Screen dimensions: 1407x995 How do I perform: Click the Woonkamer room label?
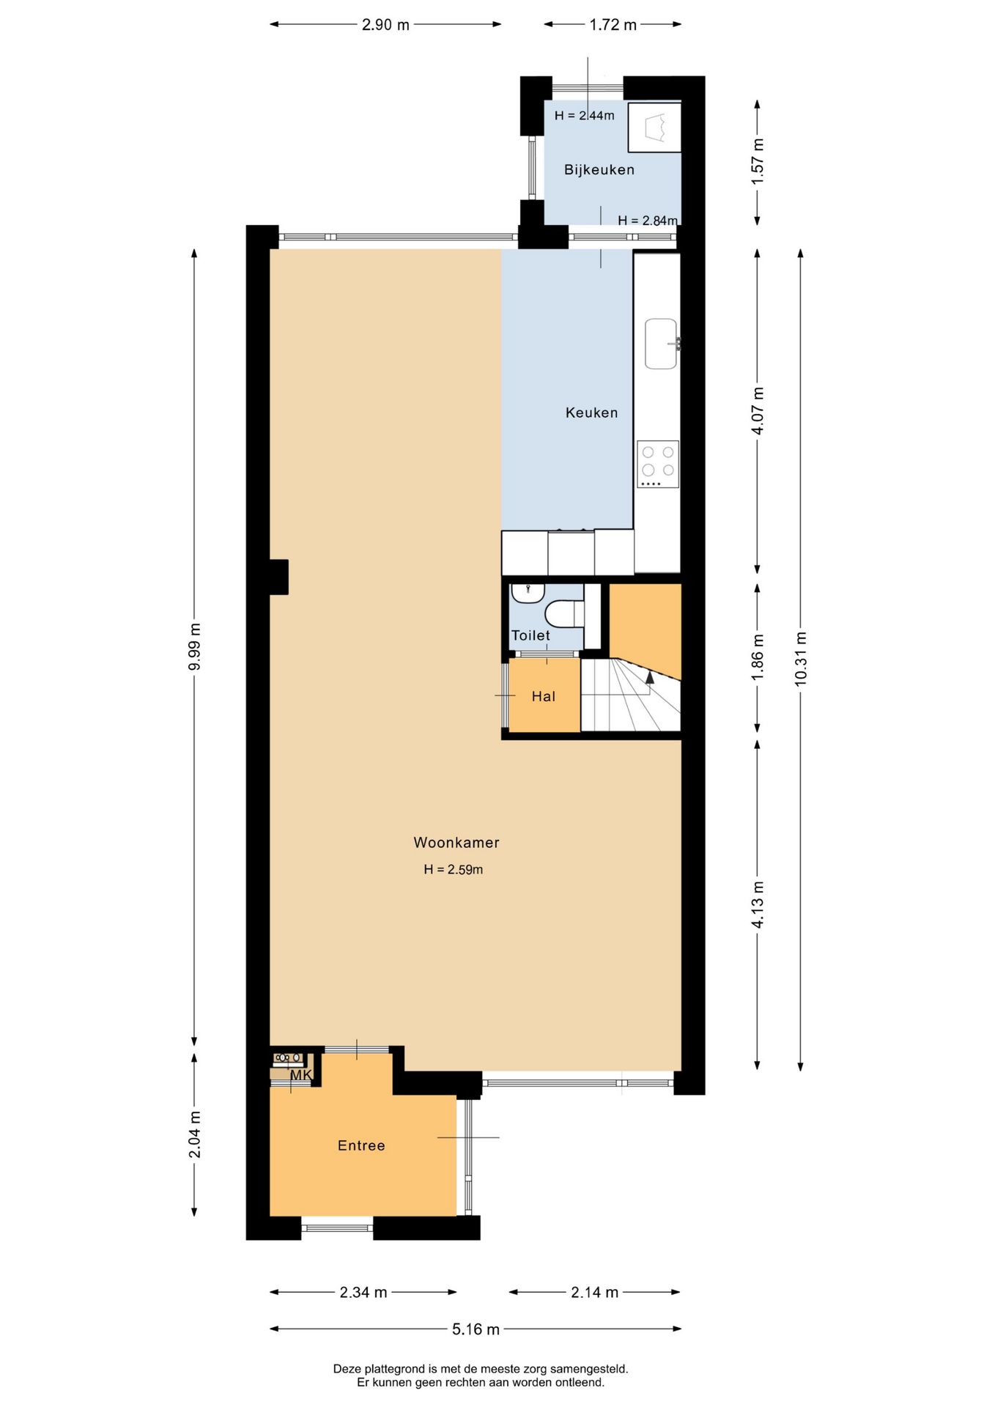[456, 843]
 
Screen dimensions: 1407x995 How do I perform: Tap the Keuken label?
[591, 413]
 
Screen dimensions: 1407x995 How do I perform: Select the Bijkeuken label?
[599, 169]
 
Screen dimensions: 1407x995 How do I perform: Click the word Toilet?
[530, 635]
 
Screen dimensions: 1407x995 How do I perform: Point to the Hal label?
[543, 696]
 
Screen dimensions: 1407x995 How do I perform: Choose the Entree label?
[360, 1145]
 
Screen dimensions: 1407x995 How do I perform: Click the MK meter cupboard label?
[300, 1075]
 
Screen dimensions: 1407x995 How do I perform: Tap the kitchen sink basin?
[660, 343]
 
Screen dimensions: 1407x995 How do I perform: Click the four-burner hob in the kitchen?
[657, 463]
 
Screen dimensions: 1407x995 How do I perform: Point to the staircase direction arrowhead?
[649, 677]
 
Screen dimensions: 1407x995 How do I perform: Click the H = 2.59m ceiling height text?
[453, 870]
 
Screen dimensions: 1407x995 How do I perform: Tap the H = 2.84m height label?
[647, 220]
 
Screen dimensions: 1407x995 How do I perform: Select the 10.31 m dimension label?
[800, 658]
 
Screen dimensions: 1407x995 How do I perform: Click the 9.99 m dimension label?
[194, 646]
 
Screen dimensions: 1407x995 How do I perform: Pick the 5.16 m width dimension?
[476, 1329]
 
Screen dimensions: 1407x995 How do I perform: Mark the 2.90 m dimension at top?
[385, 25]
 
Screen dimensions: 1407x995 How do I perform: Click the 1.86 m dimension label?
[758, 657]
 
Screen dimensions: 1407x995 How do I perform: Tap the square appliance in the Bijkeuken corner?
[654, 127]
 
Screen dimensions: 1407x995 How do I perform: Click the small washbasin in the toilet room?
[527, 591]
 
